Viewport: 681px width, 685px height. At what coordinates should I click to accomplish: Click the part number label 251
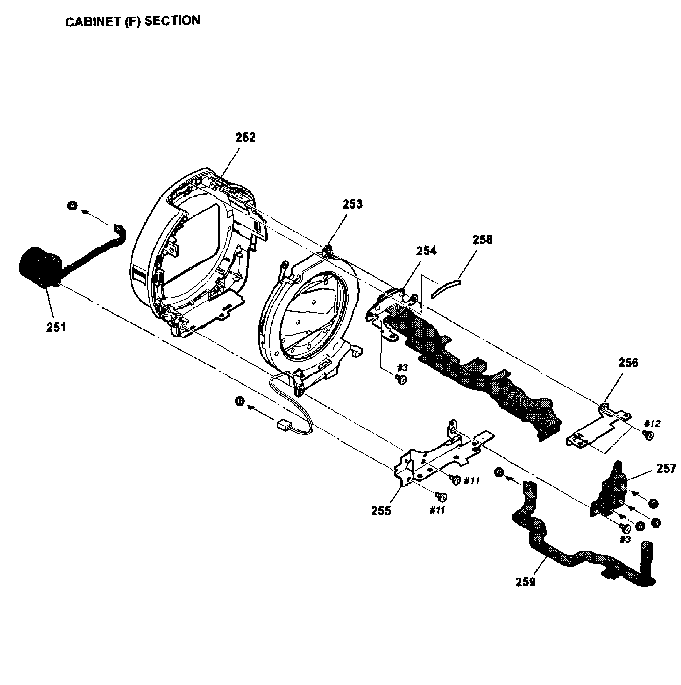pyautogui.click(x=56, y=327)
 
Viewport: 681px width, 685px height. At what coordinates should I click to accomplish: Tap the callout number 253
pyautogui.click(x=352, y=204)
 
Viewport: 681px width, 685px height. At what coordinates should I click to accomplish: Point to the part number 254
pyautogui.click(x=426, y=251)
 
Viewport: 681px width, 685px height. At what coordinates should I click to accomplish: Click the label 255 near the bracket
pyautogui.click(x=381, y=511)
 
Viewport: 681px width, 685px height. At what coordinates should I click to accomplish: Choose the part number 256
pyautogui.click(x=628, y=363)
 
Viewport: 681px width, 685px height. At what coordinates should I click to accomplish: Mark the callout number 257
pyautogui.click(x=666, y=469)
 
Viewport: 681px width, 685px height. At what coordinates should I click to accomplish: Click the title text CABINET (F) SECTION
pyautogui.click(x=133, y=21)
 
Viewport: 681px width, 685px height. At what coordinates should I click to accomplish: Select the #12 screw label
pyautogui.click(x=652, y=424)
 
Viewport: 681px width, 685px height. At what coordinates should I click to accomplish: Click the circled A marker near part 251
pyautogui.click(x=72, y=205)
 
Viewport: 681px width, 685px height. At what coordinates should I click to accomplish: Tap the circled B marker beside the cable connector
pyautogui.click(x=240, y=401)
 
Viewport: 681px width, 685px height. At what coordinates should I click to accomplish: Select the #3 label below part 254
pyautogui.click(x=402, y=368)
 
